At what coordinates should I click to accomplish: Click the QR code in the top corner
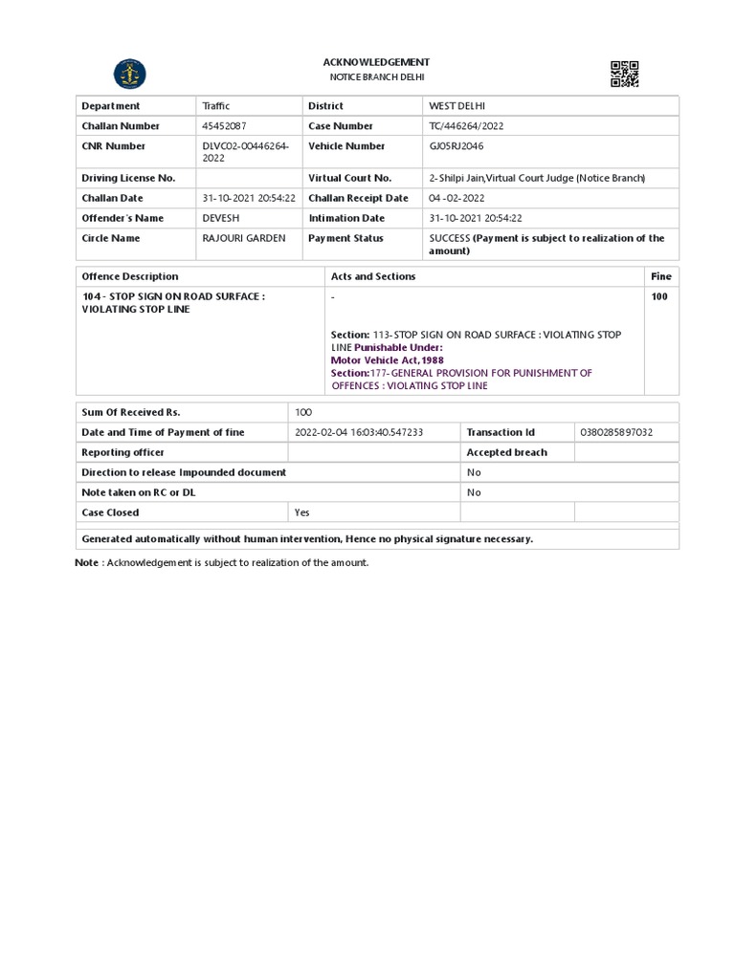coord(624,74)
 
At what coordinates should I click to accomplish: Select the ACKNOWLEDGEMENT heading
coord(375,62)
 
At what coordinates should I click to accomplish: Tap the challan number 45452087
coord(223,126)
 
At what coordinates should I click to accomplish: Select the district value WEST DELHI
coord(463,106)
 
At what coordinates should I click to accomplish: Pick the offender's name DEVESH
coord(221,218)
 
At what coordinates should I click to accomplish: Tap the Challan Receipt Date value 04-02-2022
coord(457,198)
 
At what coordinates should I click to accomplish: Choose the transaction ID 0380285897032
coord(616,432)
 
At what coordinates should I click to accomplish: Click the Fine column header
coord(661,276)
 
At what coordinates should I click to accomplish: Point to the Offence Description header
coord(130,276)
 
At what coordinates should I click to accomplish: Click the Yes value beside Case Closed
coord(302,512)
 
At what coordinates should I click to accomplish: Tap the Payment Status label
coord(345,238)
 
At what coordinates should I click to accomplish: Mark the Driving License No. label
coord(128,178)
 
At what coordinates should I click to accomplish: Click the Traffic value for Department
coord(216,106)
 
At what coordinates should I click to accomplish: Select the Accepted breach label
coord(506,452)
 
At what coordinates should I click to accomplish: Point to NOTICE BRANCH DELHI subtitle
coord(376,76)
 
